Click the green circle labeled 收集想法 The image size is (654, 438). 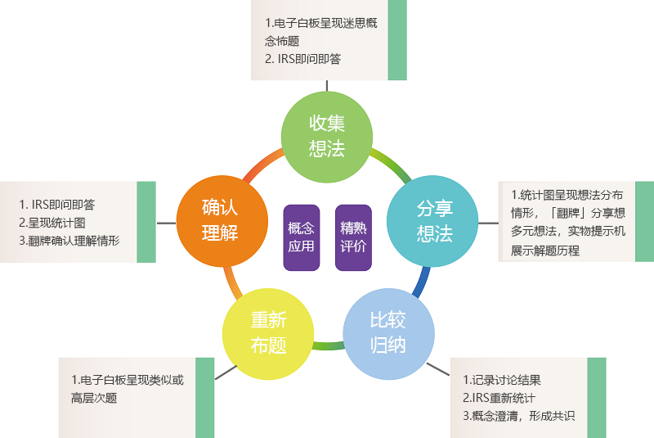pyautogui.click(x=326, y=136)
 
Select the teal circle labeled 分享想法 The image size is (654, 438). pyautogui.click(x=433, y=220)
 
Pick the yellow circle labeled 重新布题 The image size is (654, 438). pyautogui.click(x=269, y=332)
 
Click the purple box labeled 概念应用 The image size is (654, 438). pyautogui.click(x=301, y=237)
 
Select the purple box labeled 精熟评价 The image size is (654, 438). pyautogui.click(x=353, y=237)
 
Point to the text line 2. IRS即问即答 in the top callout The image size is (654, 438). pyautogui.click(x=303, y=59)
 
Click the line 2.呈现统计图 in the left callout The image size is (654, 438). pyautogui.click(x=52, y=223)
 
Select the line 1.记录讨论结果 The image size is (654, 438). pyautogui.click(x=502, y=380)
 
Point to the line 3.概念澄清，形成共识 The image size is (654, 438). pyautogui.click(x=518, y=416)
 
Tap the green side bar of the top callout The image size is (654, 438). pyautogui.click(x=397, y=40)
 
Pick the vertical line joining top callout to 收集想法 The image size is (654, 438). pyautogui.click(x=327, y=85)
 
